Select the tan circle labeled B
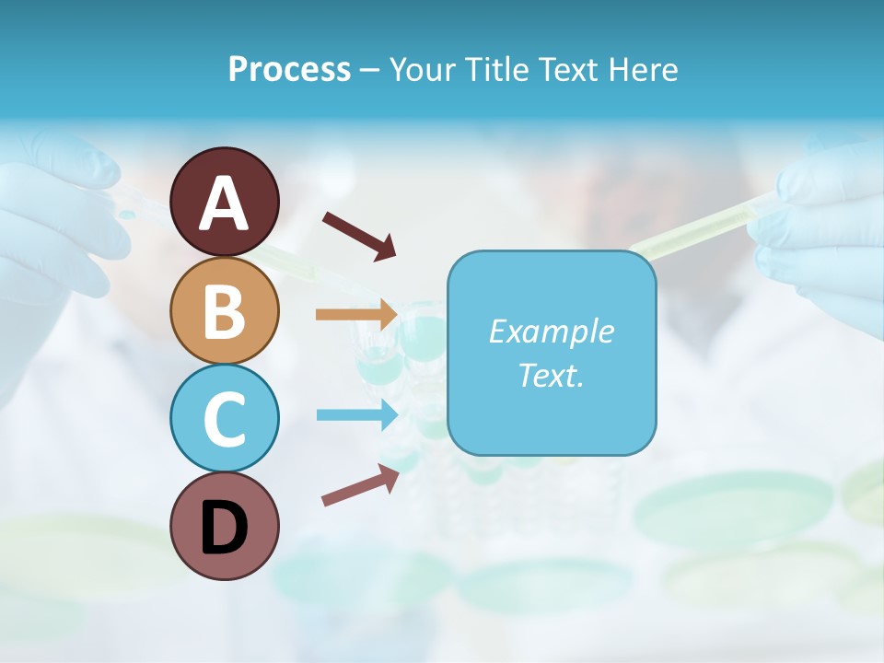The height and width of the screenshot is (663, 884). (x=224, y=310)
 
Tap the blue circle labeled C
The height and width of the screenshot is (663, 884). (x=224, y=418)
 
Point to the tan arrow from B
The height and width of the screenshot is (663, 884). (x=356, y=314)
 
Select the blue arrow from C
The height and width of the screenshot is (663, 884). (x=356, y=414)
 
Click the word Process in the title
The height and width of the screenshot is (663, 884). (x=289, y=69)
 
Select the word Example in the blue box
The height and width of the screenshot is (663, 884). (x=551, y=331)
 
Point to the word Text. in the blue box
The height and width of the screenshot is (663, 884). (x=551, y=375)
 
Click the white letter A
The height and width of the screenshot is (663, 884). (x=224, y=203)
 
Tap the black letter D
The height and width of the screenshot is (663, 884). (x=224, y=527)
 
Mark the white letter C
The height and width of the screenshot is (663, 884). (x=224, y=418)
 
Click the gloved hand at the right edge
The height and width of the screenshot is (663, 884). (x=824, y=230)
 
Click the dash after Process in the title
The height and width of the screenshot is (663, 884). (x=370, y=71)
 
